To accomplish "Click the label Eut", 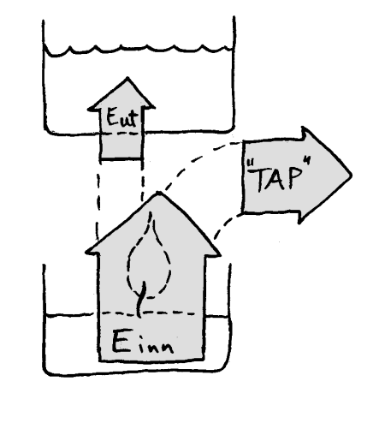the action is pos(121,117).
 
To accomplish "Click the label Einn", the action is pos(143,343).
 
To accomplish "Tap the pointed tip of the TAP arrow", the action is pos(351,175).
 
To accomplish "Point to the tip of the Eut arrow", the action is pos(127,78).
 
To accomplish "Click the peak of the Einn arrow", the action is pos(158,193).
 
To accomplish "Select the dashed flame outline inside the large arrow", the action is pos(149,254).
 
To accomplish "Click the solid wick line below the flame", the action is pos(140,299).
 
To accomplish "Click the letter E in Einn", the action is pos(120,342).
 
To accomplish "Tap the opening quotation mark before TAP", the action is pos(250,164).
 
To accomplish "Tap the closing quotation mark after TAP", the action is pos(306,161).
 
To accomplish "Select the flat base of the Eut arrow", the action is pos(121,158).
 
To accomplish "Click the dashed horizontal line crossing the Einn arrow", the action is pos(148,313).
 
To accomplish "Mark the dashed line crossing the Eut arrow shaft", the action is pos(121,134).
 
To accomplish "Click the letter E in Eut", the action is pos(111,116).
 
